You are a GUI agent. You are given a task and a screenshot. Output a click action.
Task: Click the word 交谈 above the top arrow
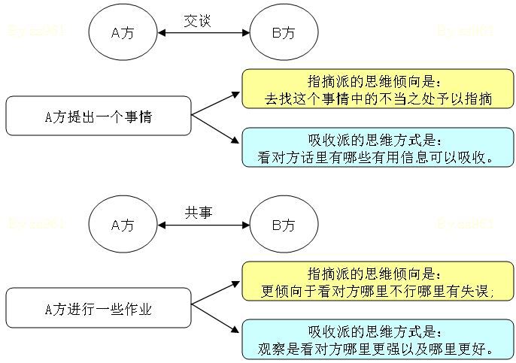coord(198,21)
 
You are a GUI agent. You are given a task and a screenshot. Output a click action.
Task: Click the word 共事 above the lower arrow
coord(199,213)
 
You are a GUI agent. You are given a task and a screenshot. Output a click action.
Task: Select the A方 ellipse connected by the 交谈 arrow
coord(123,32)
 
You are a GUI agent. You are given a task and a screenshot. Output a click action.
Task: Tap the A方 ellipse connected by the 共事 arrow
coord(123,225)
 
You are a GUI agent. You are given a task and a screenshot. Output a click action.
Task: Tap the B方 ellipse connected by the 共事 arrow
coord(283,225)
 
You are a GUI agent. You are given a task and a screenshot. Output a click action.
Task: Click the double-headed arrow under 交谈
coord(203,33)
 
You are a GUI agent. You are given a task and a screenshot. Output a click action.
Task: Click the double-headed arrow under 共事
coord(203,225)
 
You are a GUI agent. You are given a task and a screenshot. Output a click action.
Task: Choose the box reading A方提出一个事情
coord(99,116)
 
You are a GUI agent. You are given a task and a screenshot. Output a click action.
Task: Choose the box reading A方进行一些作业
coord(99,309)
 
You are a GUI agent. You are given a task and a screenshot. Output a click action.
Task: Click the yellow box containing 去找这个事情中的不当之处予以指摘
coord(378,90)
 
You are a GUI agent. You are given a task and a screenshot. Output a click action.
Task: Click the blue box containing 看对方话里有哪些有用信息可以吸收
coord(378,148)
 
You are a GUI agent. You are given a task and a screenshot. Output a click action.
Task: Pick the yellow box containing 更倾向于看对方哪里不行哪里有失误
coord(378,282)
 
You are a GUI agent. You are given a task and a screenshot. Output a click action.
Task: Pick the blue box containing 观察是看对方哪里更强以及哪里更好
coord(378,340)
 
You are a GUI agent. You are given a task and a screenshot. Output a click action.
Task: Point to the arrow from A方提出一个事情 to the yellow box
coord(216,103)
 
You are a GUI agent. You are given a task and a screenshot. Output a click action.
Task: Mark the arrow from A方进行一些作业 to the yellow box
coord(216,295)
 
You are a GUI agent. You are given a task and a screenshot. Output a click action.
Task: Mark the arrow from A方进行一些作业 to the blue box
coord(216,322)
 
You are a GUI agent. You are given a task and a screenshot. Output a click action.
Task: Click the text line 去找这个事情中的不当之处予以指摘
coord(378,98)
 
